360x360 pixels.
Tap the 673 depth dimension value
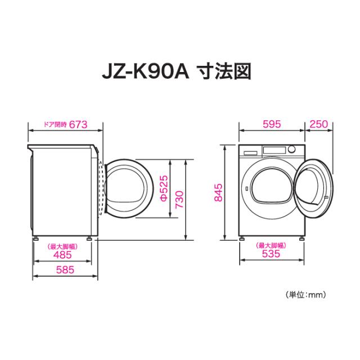point(80,125)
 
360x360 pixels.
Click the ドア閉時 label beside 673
point(56,125)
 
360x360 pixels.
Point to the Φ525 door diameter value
point(163,188)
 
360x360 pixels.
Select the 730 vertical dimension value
point(179,199)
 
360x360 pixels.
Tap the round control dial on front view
point(294,150)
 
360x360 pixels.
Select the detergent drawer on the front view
point(250,150)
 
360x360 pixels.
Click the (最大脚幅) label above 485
point(62,246)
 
